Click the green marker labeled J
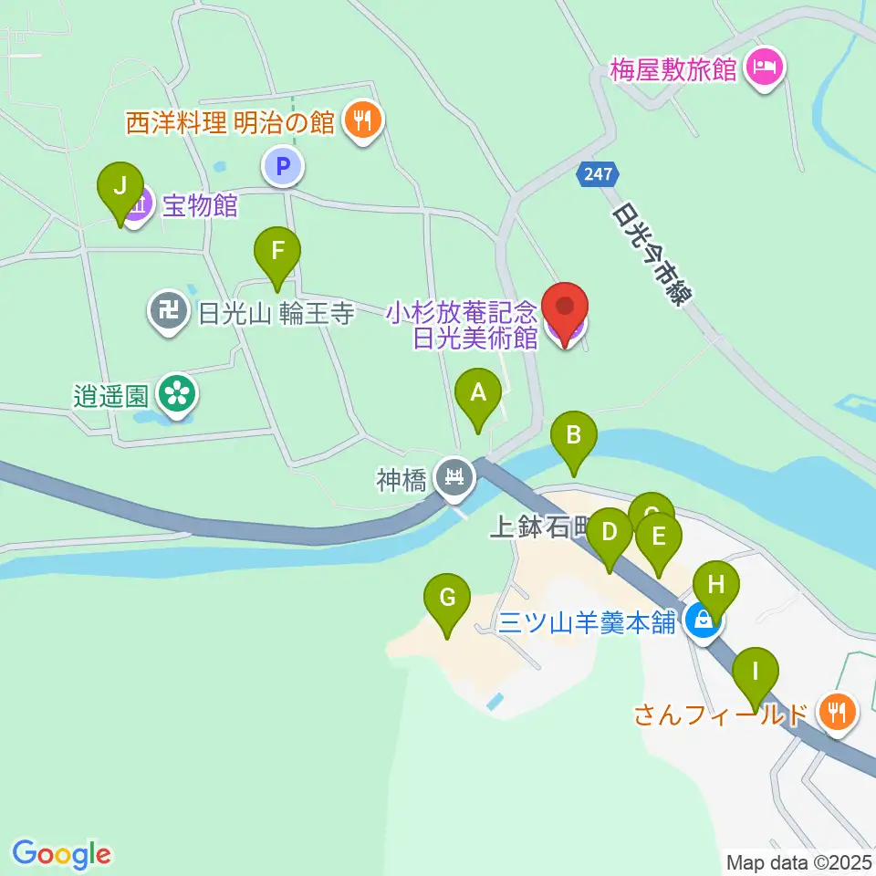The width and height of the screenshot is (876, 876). [x=121, y=187]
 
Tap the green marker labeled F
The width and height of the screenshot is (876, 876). [x=277, y=251]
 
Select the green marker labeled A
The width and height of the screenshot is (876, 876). [x=477, y=394]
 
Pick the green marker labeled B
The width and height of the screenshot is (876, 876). [x=573, y=436]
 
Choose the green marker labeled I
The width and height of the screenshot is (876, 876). [x=755, y=673]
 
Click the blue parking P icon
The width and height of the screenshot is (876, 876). [x=283, y=166]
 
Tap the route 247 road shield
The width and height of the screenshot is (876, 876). [x=598, y=174]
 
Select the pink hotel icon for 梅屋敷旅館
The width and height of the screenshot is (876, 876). [x=763, y=68]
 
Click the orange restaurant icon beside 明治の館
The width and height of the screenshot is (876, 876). [x=362, y=121]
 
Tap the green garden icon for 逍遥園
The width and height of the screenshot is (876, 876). [x=176, y=394]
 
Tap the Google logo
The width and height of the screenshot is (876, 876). [x=62, y=853]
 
